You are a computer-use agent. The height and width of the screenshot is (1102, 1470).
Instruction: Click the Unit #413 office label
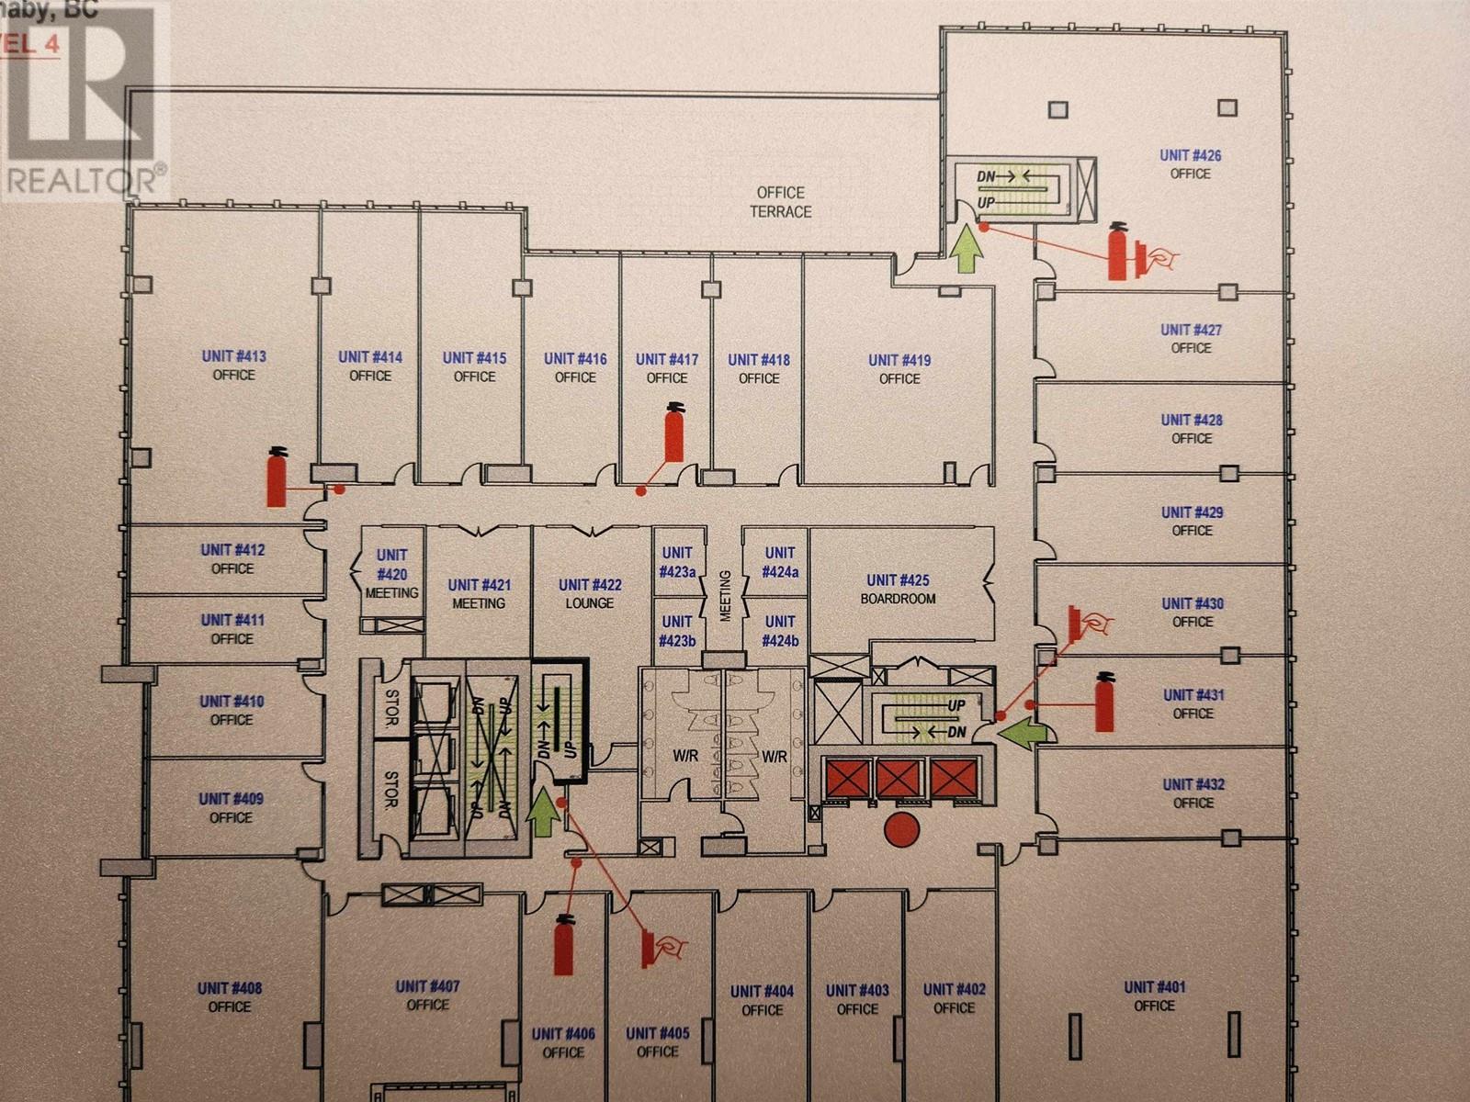pos(233,365)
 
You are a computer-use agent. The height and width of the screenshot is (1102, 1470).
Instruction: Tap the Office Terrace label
pos(780,202)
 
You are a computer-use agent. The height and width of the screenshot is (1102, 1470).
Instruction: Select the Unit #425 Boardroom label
pos(898,589)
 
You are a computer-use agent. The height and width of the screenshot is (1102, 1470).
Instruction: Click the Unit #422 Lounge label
pos(590,593)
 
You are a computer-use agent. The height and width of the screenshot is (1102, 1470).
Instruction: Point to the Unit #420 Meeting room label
pos(391,574)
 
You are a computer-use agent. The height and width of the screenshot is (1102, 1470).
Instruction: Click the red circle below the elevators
pos(901,829)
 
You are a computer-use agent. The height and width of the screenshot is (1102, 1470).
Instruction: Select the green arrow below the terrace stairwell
pos(965,251)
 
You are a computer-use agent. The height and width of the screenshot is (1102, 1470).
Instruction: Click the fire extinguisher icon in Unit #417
pos(674,433)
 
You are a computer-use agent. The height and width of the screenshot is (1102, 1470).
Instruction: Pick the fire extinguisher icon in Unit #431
pos(1104,702)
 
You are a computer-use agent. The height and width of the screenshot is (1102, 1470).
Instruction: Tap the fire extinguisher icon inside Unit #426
pos(1118,251)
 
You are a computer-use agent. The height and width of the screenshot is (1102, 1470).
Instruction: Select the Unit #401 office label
pos(1154,996)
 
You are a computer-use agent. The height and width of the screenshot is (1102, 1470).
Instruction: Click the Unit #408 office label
pos(230,997)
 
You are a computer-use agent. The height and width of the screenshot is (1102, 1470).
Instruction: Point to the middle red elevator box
pos(898,779)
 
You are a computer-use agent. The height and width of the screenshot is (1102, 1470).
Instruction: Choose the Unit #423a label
pos(677,562)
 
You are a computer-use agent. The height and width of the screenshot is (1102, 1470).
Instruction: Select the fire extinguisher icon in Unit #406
pos(563,946)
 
